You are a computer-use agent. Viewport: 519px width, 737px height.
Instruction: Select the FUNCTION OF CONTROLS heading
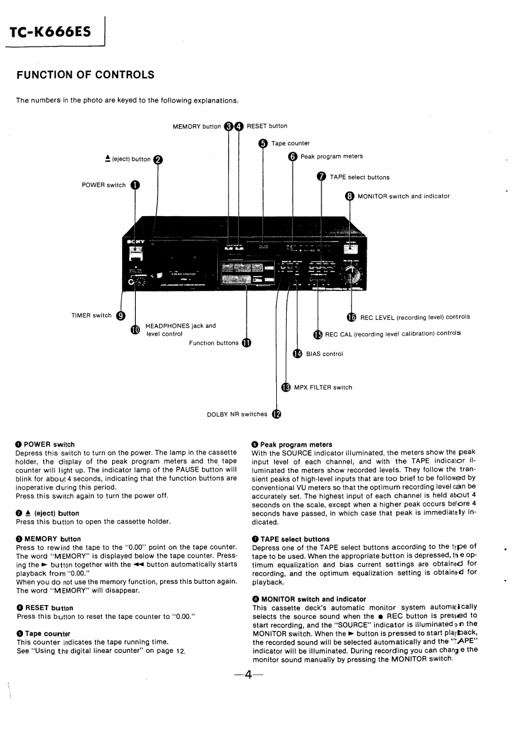tap(85, 75)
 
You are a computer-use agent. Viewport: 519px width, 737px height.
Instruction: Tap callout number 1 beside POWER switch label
tap(135, 185)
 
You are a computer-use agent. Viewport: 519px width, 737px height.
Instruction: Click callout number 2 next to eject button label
tap(157, 159)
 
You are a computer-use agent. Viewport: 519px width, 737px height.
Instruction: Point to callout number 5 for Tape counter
tap(263, 143)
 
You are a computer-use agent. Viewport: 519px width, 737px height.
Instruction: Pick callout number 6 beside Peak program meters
tap(293, 156)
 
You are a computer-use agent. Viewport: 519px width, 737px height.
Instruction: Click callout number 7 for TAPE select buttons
tap(322, 177)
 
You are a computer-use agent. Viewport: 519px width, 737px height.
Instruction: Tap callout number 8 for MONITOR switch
tap(350, 196)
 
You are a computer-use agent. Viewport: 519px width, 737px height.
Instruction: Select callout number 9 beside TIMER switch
tap(121, 315)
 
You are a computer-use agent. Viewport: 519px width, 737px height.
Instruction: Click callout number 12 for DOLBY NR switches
tap(276, 414)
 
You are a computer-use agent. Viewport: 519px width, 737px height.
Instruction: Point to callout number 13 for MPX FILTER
tap(285, 387)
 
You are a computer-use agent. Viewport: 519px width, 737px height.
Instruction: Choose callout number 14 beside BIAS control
tap(297, 354)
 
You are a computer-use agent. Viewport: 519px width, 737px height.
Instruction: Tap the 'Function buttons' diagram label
tap(213, 343)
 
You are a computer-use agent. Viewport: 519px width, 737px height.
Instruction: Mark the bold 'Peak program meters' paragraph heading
tap(296, 445)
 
